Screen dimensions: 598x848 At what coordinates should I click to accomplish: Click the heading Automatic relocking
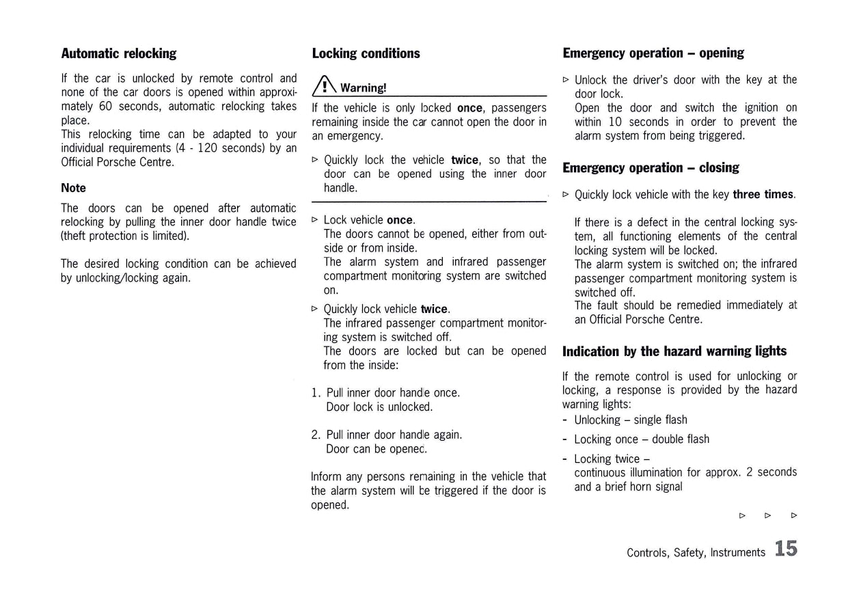tap(119, 53)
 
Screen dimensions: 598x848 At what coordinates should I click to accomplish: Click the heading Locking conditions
tap(366, 53)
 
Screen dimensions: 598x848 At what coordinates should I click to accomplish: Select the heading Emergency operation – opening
tap(653, 53)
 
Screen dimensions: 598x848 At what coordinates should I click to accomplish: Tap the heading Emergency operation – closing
tap(651, 167)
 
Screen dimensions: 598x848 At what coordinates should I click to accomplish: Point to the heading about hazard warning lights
tap(674, 351)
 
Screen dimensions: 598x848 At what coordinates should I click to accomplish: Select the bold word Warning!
tap(364, 87)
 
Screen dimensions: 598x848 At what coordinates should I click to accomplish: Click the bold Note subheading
tap(74, 188)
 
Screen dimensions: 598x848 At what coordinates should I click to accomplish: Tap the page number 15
tap(787, 549)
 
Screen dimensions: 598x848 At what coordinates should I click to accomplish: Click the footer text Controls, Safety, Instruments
tap(696, 552)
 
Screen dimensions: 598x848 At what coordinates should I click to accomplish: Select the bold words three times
tap(763, 195)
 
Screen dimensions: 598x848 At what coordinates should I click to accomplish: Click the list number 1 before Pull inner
tap(315, 393)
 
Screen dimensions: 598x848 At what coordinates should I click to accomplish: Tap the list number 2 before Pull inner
tap(315, 435)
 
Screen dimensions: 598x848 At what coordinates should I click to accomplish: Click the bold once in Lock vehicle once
tap(400, 220)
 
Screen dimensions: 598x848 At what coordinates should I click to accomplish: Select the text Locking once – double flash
tap(642, 439)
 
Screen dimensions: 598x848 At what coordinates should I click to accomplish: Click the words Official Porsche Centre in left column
tap(117, 162)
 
